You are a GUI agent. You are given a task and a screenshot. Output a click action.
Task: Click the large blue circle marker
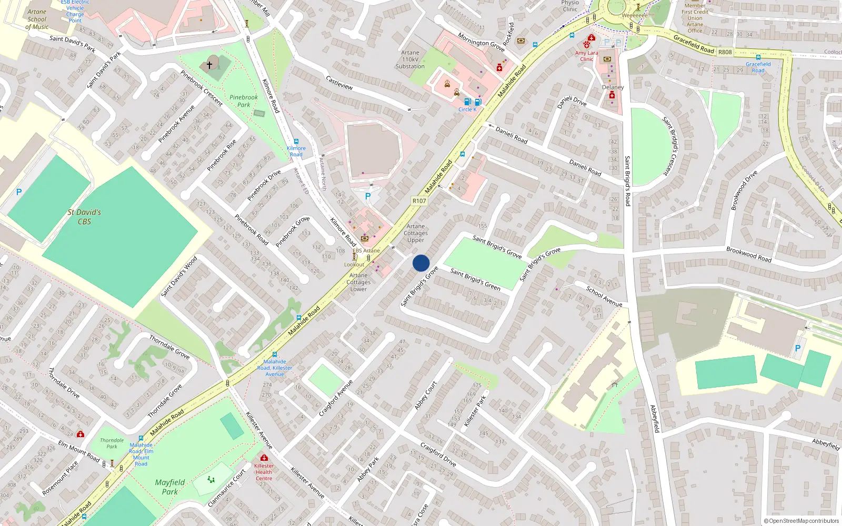pos(421,263)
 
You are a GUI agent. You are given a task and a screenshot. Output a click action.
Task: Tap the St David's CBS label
pos(84,217)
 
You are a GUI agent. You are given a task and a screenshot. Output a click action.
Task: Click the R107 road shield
pos(419,201)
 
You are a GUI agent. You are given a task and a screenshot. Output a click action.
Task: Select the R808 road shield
pos(725,52)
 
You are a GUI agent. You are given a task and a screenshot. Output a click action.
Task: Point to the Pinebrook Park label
pos(244,101)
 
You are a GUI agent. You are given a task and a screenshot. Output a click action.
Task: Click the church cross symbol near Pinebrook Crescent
pos(209,65)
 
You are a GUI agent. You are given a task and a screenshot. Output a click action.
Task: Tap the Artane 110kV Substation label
pos(410,59)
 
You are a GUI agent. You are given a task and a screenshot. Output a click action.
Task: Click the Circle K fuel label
pos(467,109)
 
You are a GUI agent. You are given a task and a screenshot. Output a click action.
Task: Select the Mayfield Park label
pos(169,487)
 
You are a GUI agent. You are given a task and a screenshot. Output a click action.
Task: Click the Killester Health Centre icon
pos(264,458)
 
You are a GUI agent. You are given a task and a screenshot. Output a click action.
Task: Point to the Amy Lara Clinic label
pos(586,56)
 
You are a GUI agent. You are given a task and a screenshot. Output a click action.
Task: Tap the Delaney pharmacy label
pos(613,87)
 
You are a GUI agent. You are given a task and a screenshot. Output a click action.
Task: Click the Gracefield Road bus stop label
pos(758,67)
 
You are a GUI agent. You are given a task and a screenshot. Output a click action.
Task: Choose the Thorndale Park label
pos(112,443)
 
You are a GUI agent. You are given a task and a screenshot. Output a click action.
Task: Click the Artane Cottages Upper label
pos(416,233)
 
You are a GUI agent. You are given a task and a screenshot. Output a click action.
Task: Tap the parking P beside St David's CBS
pos(19,192)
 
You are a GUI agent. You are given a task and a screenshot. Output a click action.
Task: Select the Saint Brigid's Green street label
pos(475,279)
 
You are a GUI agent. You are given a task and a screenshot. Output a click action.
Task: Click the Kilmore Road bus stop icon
pos(296,141)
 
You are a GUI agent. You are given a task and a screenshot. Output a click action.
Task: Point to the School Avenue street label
pos(604,297)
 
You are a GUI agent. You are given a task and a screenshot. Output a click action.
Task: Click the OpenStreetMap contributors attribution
pos(801,521)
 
